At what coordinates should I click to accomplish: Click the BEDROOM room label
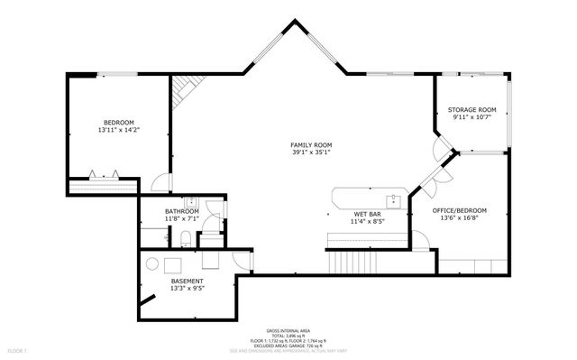click(118, 123)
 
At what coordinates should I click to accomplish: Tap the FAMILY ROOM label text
click(311, 145)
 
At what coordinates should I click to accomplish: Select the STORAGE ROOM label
click(472, 110)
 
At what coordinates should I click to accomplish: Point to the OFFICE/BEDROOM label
click(459, 210)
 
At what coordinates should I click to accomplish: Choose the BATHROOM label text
click(182, 211)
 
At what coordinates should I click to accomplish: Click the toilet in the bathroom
click(184, 238)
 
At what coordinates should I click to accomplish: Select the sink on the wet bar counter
click(394, 198)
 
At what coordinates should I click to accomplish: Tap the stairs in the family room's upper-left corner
click(186, 88)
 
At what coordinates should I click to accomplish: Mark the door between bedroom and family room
click(159, 183)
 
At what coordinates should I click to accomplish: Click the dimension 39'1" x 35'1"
click(311, 152)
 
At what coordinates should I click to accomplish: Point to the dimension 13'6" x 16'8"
click(459, 217)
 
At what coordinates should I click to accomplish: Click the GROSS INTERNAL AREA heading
click(288, 331)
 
